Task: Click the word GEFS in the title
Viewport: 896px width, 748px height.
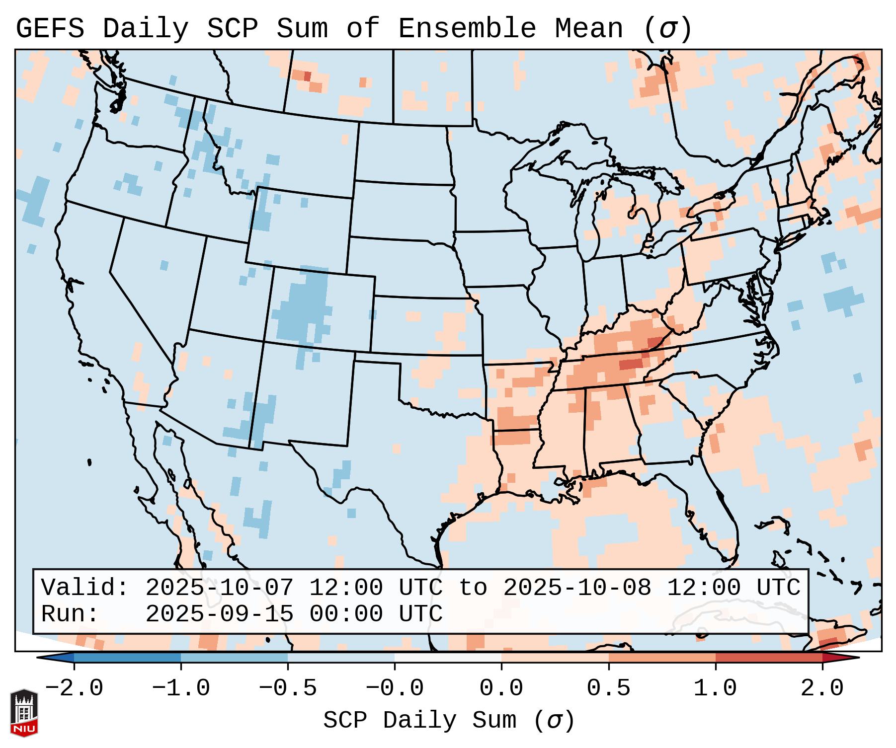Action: [x=50, y=29]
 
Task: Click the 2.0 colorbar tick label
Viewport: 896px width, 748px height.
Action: [x=822, y=688]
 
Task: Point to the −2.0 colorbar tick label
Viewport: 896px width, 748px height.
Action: [x=74, y=688]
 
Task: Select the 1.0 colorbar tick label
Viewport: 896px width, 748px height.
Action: [x=715, y=688]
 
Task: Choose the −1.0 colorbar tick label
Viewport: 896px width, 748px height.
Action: [x=181, y=688]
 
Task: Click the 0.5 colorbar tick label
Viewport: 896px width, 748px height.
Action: [x=608, y=688]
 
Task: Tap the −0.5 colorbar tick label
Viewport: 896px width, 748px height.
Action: [x=288, y=688]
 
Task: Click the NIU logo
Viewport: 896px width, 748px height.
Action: [x=24, y=712]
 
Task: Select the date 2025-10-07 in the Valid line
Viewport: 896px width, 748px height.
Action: [x=219, y=588]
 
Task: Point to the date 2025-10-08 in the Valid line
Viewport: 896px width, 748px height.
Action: [x=577, y=588]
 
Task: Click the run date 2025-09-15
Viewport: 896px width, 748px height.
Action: [x=219, y=614]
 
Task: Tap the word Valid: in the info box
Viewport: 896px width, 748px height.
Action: [x=85, y=588]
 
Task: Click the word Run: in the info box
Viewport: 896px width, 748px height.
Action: [x=70, y=614]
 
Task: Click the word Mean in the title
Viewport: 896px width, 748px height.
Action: [x=588, y=29]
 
